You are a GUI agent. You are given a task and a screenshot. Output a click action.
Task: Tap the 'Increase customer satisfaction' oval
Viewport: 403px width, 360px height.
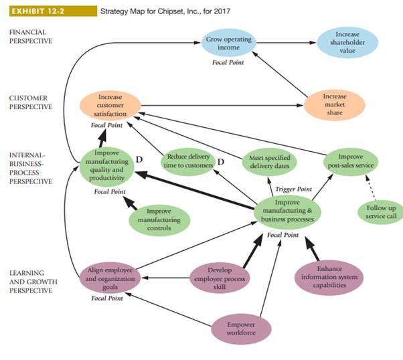(x=110, y=106)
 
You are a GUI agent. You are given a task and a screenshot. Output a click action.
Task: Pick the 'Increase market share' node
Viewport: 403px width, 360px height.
(x=335, y=105)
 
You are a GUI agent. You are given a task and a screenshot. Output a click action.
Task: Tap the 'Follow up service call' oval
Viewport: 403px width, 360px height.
(x=380, y=213)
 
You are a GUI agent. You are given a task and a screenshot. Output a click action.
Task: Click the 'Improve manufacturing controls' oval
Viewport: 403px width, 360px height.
(x=159, y=219)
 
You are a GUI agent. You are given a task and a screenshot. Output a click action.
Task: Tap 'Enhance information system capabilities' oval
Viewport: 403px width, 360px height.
(x=329, y=277)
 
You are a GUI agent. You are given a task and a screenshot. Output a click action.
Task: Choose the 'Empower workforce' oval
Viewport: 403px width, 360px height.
(x=232, y=328)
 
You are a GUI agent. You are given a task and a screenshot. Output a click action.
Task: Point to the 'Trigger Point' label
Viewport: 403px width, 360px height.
(x=293, y=189)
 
